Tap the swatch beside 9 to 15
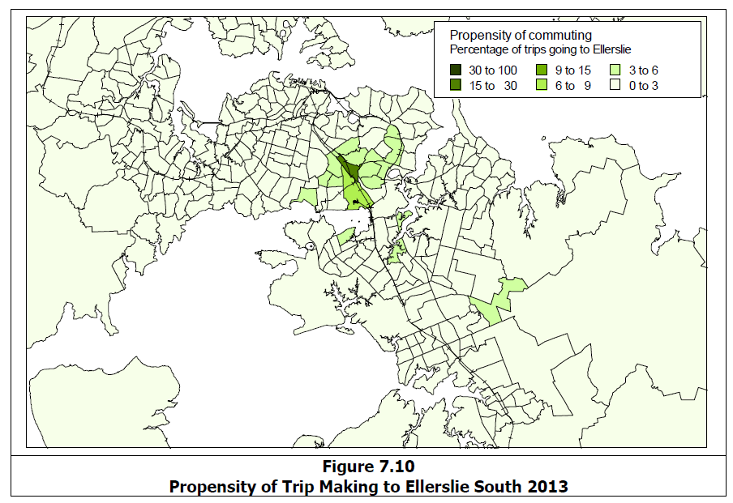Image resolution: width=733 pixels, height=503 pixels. [542, 71]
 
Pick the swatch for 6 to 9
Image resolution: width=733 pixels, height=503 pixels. [542, 85]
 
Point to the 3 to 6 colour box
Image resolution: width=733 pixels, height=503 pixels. [616, 71]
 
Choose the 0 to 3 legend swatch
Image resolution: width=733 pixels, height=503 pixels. [616, 85]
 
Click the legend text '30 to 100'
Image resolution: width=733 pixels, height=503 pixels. [494, 71]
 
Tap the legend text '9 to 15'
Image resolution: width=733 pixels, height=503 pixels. [573, 71]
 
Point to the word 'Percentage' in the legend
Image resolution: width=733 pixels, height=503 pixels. [477, 51]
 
